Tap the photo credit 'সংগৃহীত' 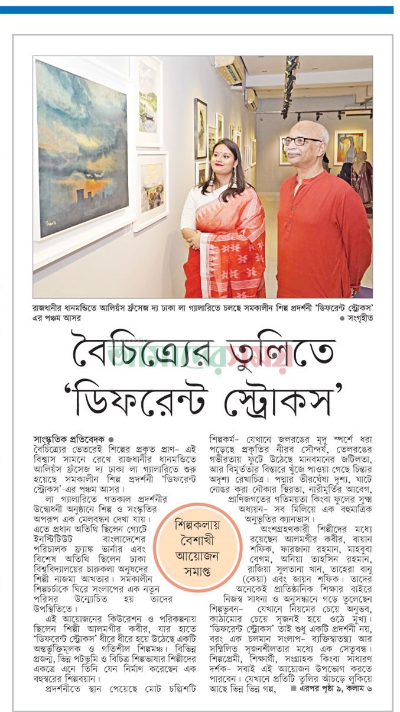[x=359, y=318]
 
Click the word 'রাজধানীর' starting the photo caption [x=50, y=308]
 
